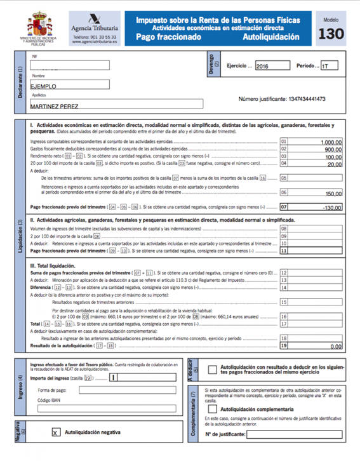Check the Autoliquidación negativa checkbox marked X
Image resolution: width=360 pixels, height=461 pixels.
56,432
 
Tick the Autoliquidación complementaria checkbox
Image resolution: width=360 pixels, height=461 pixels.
211,410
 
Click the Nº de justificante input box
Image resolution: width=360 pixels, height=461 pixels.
295,434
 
